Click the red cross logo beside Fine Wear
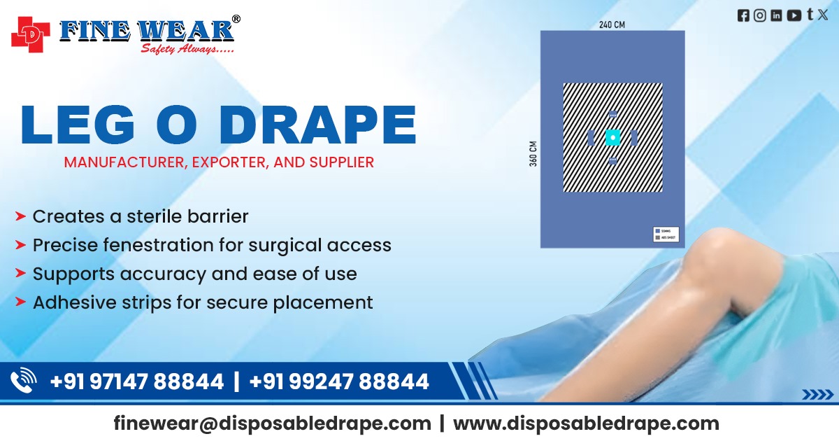[31, 33]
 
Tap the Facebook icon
[743, 15]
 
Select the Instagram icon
[760, 15]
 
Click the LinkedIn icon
[776, 15]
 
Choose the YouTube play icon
[794, 15]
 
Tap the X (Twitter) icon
[822, 15]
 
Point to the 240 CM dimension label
[612, 24]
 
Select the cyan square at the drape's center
[612, 138]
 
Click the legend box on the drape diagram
[665, 234]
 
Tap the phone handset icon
[23, 381]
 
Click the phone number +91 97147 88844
[137, 381]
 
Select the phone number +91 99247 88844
[339, 381]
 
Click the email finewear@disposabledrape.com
[273, 423]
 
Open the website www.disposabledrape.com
[586, 423]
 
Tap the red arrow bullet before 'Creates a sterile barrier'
[21, 217]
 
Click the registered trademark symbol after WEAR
[236, 19]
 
